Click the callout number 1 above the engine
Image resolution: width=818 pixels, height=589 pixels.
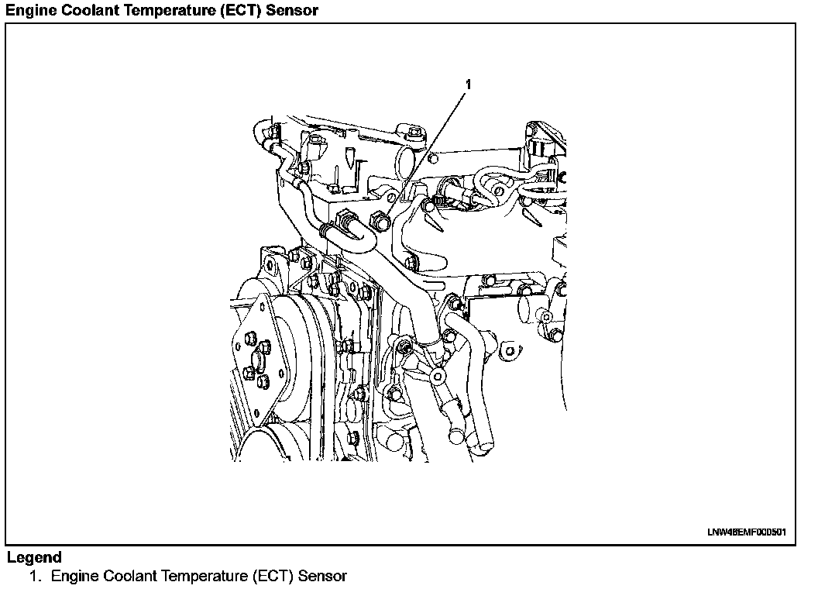coord(467,83)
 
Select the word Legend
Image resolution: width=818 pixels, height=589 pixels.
coord(34,557)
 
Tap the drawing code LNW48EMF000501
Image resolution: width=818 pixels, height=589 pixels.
coord(747,532)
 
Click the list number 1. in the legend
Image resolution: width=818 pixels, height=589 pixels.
coord(35,576)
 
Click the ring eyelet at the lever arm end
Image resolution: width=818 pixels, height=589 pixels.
coord(439,377)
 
